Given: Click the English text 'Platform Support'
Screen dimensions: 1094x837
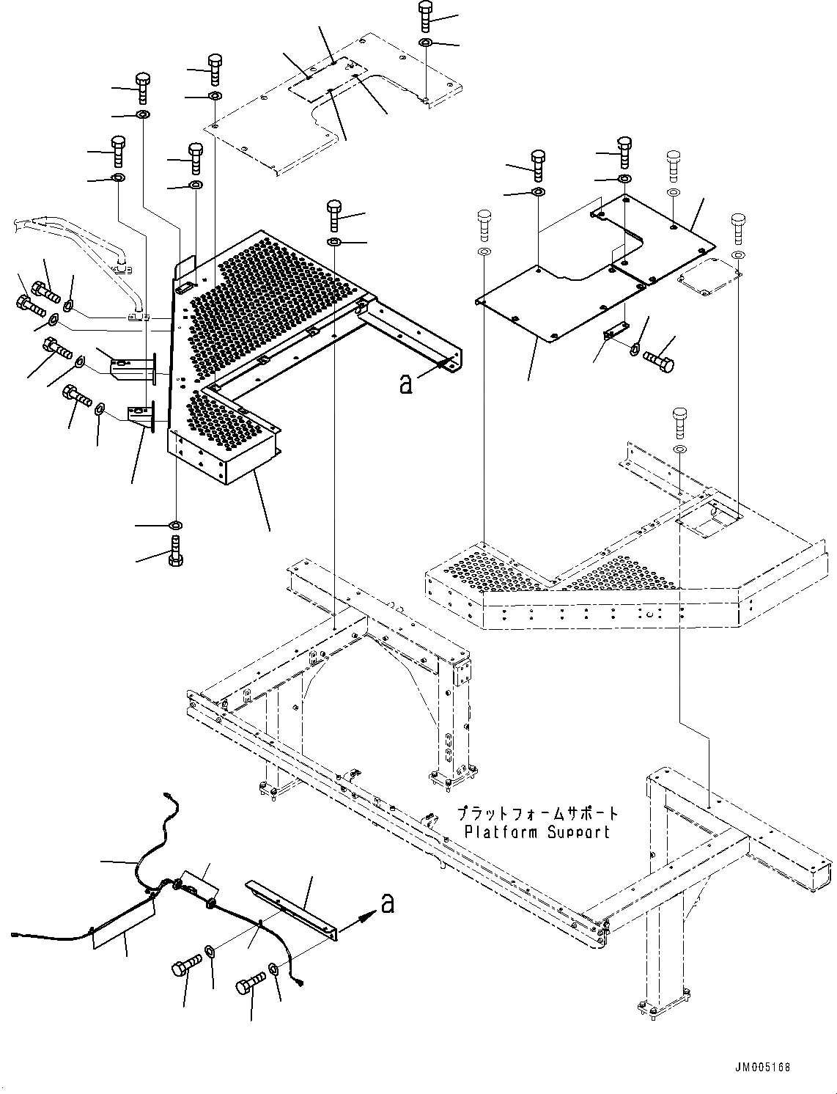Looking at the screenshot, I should [537, 832].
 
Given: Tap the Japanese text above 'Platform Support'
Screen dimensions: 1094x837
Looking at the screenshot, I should [538, 814].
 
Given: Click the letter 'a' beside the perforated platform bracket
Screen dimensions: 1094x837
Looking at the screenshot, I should [405, 383].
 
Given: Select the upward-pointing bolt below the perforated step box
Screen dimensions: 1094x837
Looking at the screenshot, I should [177, 551].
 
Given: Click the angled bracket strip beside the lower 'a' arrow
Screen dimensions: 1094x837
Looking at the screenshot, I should [293, 908].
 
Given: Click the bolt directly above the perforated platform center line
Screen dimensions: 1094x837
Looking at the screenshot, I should [334, 214].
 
